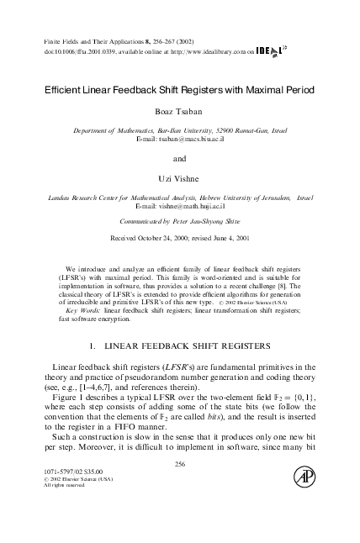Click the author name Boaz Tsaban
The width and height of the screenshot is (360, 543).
[179, 113]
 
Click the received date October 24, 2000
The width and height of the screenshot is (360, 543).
[167, 238]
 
